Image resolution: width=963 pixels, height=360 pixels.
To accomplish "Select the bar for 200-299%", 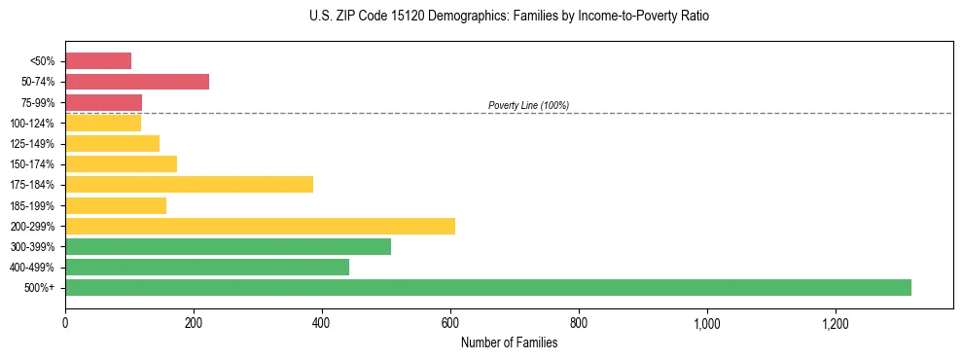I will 260,226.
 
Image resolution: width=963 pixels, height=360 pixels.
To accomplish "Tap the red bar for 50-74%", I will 137,82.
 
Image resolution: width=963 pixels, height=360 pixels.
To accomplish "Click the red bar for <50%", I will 98,61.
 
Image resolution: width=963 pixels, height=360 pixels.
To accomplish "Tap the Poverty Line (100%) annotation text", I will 528,105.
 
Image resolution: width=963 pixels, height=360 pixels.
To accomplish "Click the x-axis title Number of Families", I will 509,342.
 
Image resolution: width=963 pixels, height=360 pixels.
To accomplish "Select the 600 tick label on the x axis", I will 450,323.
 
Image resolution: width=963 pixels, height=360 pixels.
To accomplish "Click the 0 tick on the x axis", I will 65,323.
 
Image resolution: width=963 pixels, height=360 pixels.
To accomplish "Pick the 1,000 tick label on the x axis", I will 706,323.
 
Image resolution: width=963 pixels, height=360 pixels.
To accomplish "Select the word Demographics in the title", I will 455,17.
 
